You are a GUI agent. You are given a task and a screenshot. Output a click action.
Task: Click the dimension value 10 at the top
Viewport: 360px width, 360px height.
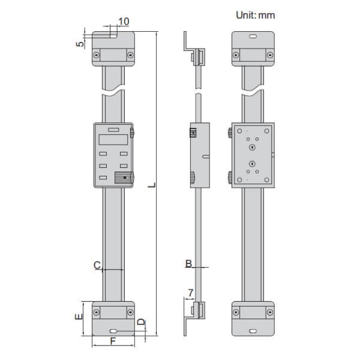coord(124,22)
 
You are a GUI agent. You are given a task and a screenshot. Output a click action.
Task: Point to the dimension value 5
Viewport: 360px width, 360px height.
coord(80,44)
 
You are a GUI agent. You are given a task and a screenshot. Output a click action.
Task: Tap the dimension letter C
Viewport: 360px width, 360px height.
coord(96,264)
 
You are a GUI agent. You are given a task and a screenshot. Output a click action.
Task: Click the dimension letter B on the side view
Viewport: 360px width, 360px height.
coord(188,263)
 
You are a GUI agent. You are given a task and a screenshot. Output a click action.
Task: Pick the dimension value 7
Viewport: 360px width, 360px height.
coord(190,293)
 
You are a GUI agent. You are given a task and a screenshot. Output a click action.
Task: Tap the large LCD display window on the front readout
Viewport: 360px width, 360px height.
coord(113,140)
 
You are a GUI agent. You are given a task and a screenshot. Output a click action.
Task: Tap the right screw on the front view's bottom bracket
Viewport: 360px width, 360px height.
coord(130,313)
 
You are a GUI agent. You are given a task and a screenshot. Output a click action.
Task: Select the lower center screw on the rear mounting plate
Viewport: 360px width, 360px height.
coord(253,165)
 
